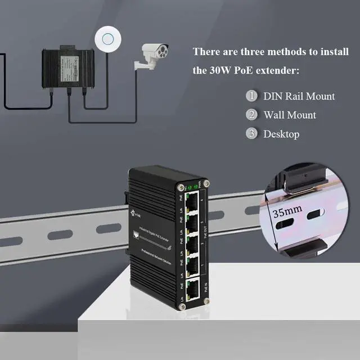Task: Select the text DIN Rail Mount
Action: (299, 96)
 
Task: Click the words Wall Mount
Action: (290, 115)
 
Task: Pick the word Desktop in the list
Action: (281, 134)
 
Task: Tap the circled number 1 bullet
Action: (251, 96)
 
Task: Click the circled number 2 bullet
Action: (251, 115)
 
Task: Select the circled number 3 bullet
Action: (251, 134)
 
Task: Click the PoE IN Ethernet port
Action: (192, 289)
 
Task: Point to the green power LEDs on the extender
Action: (191, 187)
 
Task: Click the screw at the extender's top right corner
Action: (206, 183)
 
